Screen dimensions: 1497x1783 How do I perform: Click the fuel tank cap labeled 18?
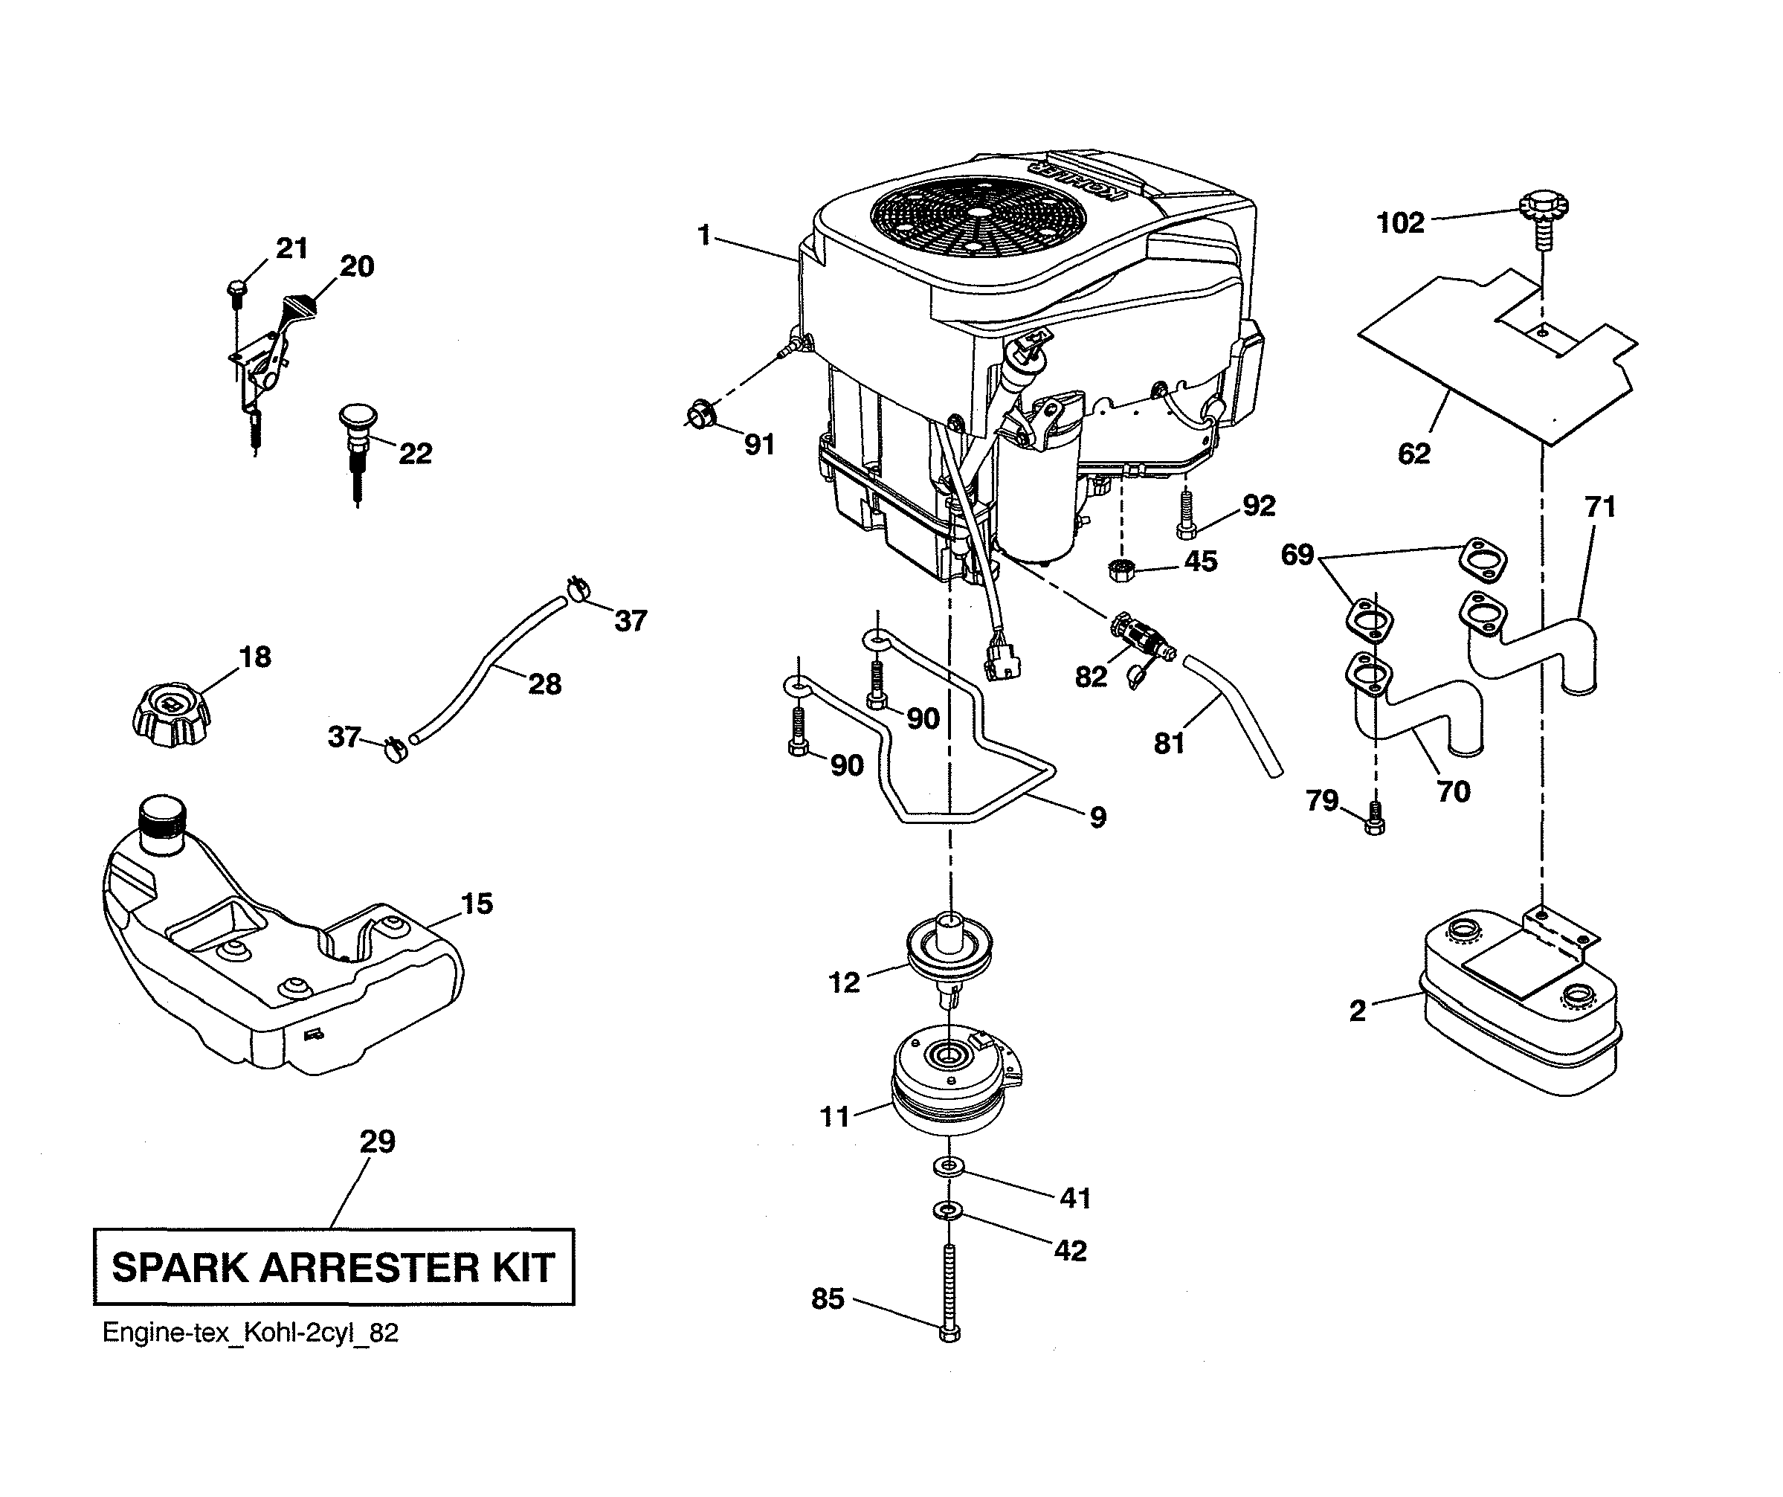coord(172,718)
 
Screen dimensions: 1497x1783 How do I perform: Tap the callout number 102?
coord(1400,222)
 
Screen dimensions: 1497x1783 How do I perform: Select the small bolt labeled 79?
coord(1375,820)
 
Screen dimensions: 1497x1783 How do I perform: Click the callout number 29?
coord(377,1142)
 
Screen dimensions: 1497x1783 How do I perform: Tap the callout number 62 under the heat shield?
coord(1413,454)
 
